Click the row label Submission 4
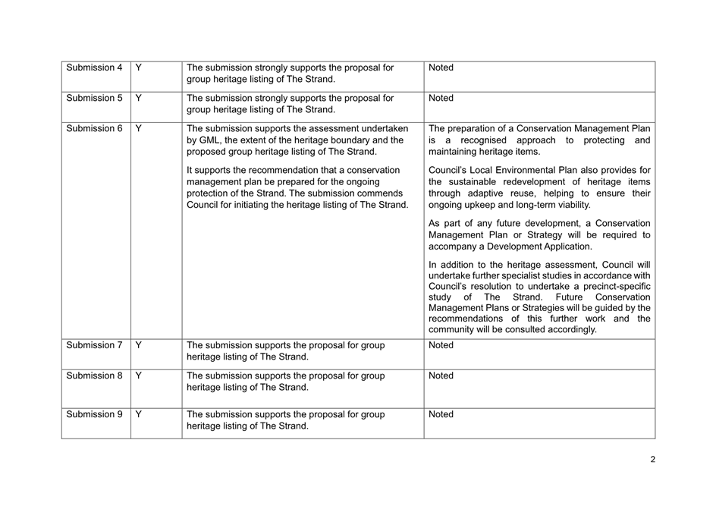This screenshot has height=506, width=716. pyautogui.click(x=94, y=68)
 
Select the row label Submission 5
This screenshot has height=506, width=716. pyautogui.click(x=94, y=98)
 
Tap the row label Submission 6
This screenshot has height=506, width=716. pyautogui.click(x=94, y=128)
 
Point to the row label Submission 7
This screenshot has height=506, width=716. pyautogui.click(x=94, y=345)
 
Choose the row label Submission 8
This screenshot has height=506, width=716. pyautogui.click(x=94, y=376)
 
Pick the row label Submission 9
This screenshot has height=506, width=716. pyautogui.click(x=94, y=414)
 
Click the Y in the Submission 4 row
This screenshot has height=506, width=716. pyautogui.click(x=138, y=68)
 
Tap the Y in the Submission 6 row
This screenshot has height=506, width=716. pyautogui.click(x=138, y=128)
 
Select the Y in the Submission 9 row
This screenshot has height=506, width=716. pyautogui.click(x=138, y=414)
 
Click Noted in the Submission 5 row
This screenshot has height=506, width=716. pyautogui.click(x=441, y=98)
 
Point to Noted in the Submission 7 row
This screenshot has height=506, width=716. pyautogui.click(x=441, y=345)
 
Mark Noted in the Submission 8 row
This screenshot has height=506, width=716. pyautogui.click(x=441, y=376)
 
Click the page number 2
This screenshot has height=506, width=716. pyautogui.click(x=652, y=459)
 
